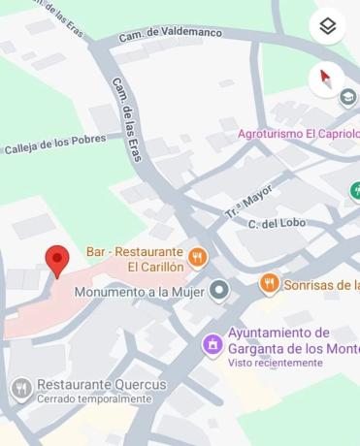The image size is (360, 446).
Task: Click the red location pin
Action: [57, 259]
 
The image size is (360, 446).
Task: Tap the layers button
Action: [328, 26]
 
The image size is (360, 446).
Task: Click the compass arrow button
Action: [327, 77]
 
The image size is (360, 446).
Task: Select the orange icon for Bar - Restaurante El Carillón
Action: [197, 257]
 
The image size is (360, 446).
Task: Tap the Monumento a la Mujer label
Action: [139, 289]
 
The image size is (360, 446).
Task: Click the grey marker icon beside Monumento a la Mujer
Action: [219, 289]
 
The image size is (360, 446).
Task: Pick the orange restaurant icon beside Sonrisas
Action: [269, 283]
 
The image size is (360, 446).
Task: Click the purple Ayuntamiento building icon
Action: [212, 344]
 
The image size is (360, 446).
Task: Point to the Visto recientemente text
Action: [275, 364]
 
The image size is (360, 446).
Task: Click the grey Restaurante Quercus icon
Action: [20, 390]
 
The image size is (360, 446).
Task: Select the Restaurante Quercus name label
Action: [102, 384]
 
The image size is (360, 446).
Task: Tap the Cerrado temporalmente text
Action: [94, 398]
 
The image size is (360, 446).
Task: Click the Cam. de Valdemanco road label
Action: [170, 34]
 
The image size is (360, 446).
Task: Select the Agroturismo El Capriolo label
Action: [299, 134]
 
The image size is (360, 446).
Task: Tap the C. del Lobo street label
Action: [277, 224]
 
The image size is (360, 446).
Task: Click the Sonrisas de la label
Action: [320, 284]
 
